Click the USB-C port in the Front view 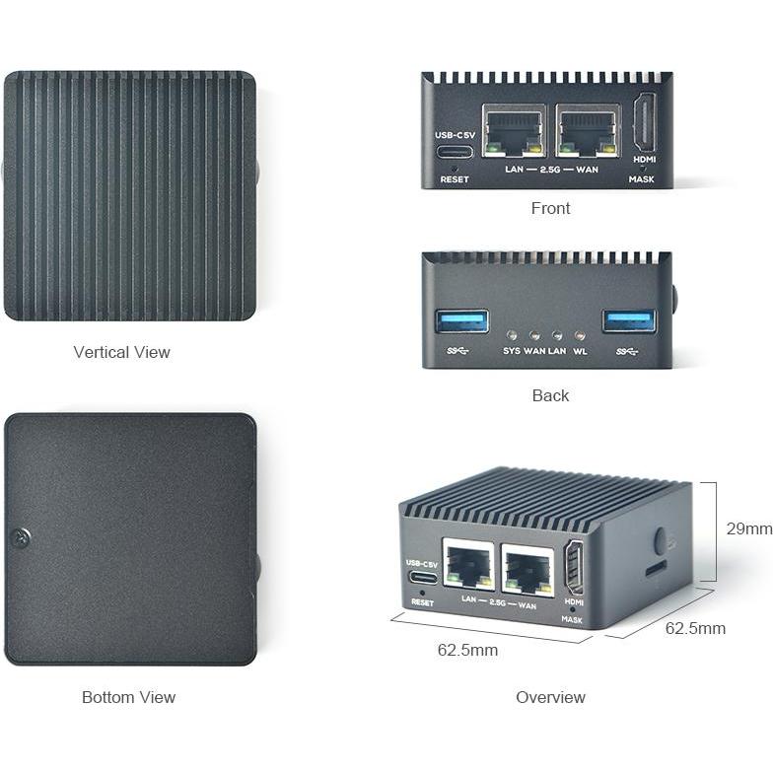pos(454,153)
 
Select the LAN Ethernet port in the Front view pos(514,131)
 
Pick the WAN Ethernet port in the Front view pos(587,131)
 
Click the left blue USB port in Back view pos(462,320)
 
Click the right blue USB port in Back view pos(630,320)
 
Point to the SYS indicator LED pos(512,335)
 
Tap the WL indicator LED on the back pos(580,335)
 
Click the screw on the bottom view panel pos(21,537)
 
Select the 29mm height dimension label pos(748,528)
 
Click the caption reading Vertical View pos(121,352)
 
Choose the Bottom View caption pos(128,697)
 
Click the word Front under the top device pos(550,208)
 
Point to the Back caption pos(550,395)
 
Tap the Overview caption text pos(550,697)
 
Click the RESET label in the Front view pos(455,179)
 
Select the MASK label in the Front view pos(641,179)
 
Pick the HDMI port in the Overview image pos(573,569)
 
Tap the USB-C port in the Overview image pos(422,578)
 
